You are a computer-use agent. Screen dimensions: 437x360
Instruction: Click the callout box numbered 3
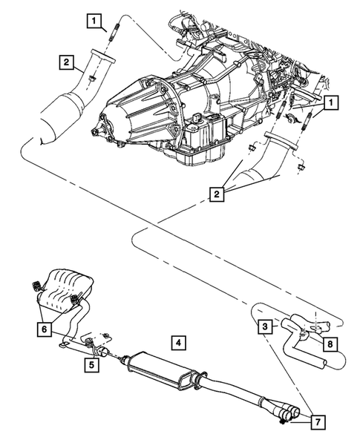(264, 326)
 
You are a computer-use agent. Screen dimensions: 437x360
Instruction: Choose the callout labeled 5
(90, 364)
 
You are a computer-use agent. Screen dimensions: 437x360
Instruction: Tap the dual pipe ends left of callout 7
(286, 413)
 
